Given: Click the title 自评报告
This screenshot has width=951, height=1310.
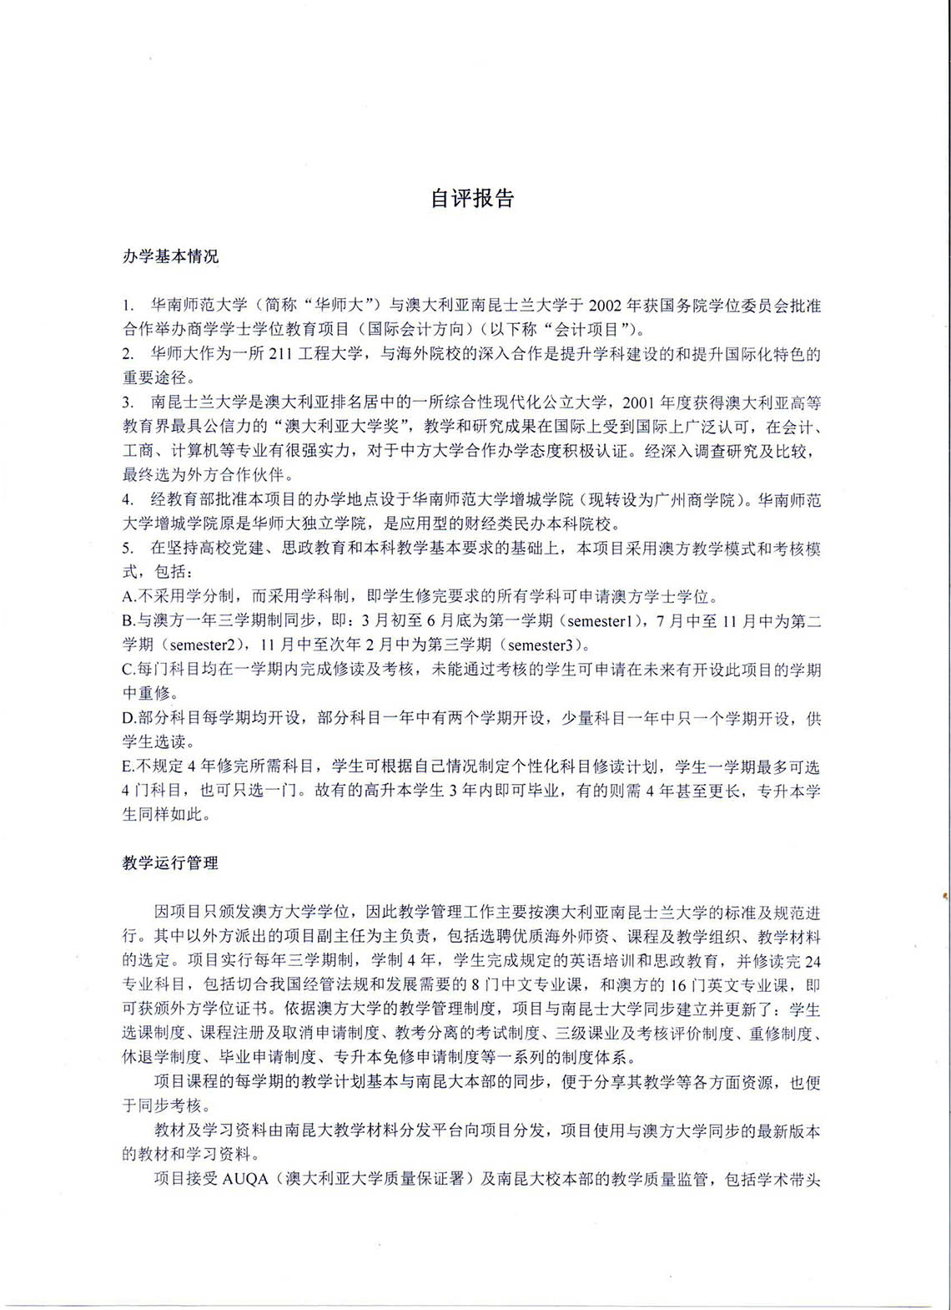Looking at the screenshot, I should pyautogui.click(x=472, y=199).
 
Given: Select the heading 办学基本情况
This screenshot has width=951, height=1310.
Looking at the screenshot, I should pyautogui.click(x=170, y=256).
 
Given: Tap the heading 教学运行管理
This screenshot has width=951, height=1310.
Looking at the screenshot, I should pyautogui.click(x=170, y=863).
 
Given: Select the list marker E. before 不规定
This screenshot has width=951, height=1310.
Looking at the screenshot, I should pyautogui.click(x=128, y=766).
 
